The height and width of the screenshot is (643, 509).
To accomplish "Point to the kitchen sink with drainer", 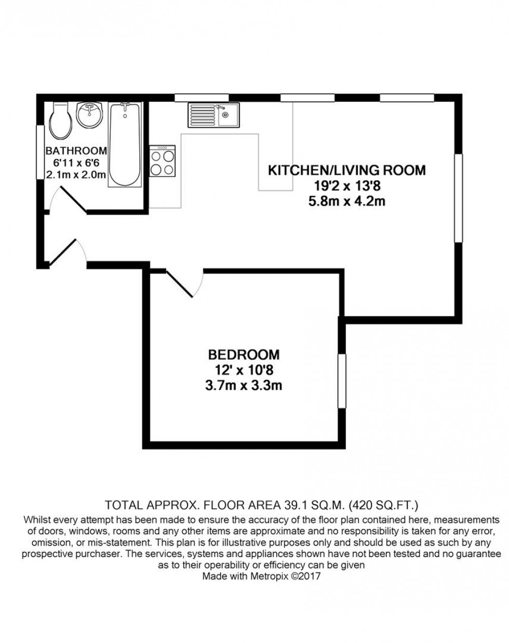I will (213, 115).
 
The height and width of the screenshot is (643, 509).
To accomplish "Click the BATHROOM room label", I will (76, 151).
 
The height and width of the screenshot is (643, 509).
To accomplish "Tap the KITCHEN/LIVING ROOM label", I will (346, 170).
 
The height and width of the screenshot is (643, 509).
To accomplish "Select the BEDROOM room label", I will (244, 355).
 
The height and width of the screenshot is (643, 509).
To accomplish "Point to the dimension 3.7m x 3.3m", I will (244, 385).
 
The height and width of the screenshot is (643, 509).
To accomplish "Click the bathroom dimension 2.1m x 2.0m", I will (76, 175).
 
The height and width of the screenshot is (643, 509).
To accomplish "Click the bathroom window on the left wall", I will (40, 152).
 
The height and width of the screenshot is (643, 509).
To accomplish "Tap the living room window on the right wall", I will (458, 198).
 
